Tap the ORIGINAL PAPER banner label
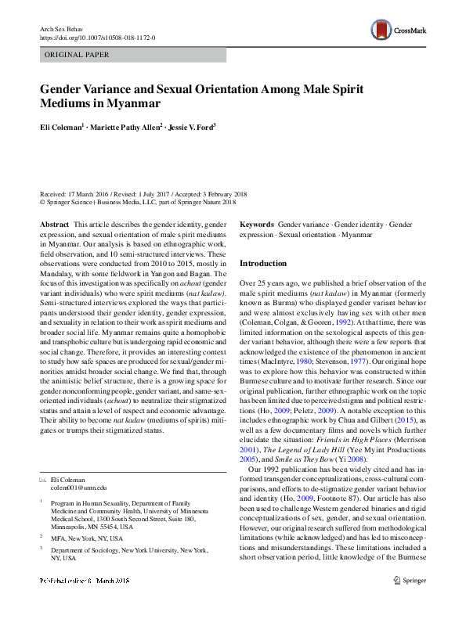pos(78,56)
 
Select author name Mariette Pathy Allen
pos(125,126)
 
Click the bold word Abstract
pos(54,225)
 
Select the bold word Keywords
pos(257,225)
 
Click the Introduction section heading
pos(263,264)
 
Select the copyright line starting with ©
pos(137,201)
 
